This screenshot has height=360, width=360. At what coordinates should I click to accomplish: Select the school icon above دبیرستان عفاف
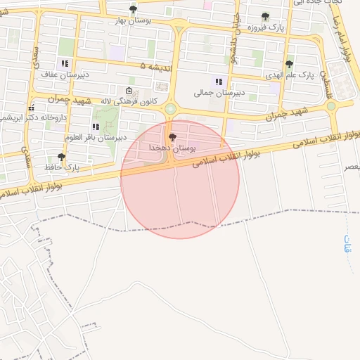pos(65,63)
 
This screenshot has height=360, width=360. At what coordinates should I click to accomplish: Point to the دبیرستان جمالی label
pos(219,92)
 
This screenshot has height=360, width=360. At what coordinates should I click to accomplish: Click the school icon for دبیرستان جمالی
pos(219,81)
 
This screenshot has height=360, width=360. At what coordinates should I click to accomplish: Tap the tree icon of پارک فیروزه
pos(265,17)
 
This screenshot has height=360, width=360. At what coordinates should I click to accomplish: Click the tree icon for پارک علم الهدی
pos(289,64)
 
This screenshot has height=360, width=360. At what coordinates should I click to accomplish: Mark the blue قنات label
pos(347,243)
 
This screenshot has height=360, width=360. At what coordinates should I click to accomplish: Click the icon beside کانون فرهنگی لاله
pos(128,91)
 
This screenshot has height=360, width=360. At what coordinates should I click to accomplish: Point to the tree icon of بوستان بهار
pos(133,9)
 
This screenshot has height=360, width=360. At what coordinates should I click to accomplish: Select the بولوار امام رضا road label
pos(345,39)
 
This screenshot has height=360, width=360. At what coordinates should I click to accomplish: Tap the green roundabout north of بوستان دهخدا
pos(170,109)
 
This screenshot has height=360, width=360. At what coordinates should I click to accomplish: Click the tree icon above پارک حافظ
pos(61,157)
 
